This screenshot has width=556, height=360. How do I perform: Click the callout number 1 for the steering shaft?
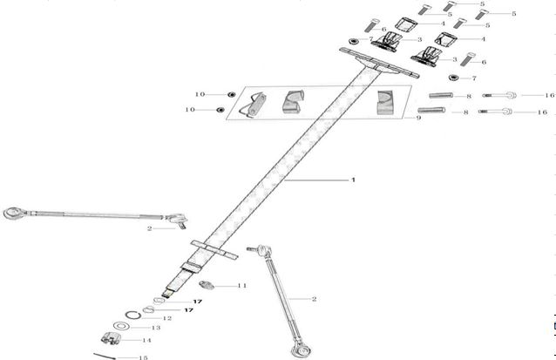pos(353,180)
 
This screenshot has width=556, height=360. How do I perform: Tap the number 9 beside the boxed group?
pos(419,118)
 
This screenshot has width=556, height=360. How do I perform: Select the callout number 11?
pos(241,286)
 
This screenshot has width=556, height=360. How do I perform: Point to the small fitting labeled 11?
pos(207,285)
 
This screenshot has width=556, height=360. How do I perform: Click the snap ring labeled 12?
pos(133,315)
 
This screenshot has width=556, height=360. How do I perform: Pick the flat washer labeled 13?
pos(121,326)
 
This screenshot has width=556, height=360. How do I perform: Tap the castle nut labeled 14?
pos(111,338)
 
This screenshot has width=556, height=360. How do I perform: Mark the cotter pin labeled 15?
pos(105,356)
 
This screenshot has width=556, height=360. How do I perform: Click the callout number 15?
pos(143,357)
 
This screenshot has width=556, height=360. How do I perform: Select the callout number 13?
pos(156,328)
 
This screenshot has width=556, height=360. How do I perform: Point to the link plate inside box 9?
pos(253,105)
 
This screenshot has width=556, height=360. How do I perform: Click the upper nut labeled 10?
pos(232,94)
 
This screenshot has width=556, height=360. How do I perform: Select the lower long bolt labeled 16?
pos(495,112)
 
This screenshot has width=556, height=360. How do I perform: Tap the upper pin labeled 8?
pos(441,95)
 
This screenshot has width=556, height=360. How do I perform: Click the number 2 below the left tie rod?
pos(150,228)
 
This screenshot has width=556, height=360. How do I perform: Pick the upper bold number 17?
pos(198,302)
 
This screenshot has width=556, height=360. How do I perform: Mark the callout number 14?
pos(146,340)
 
